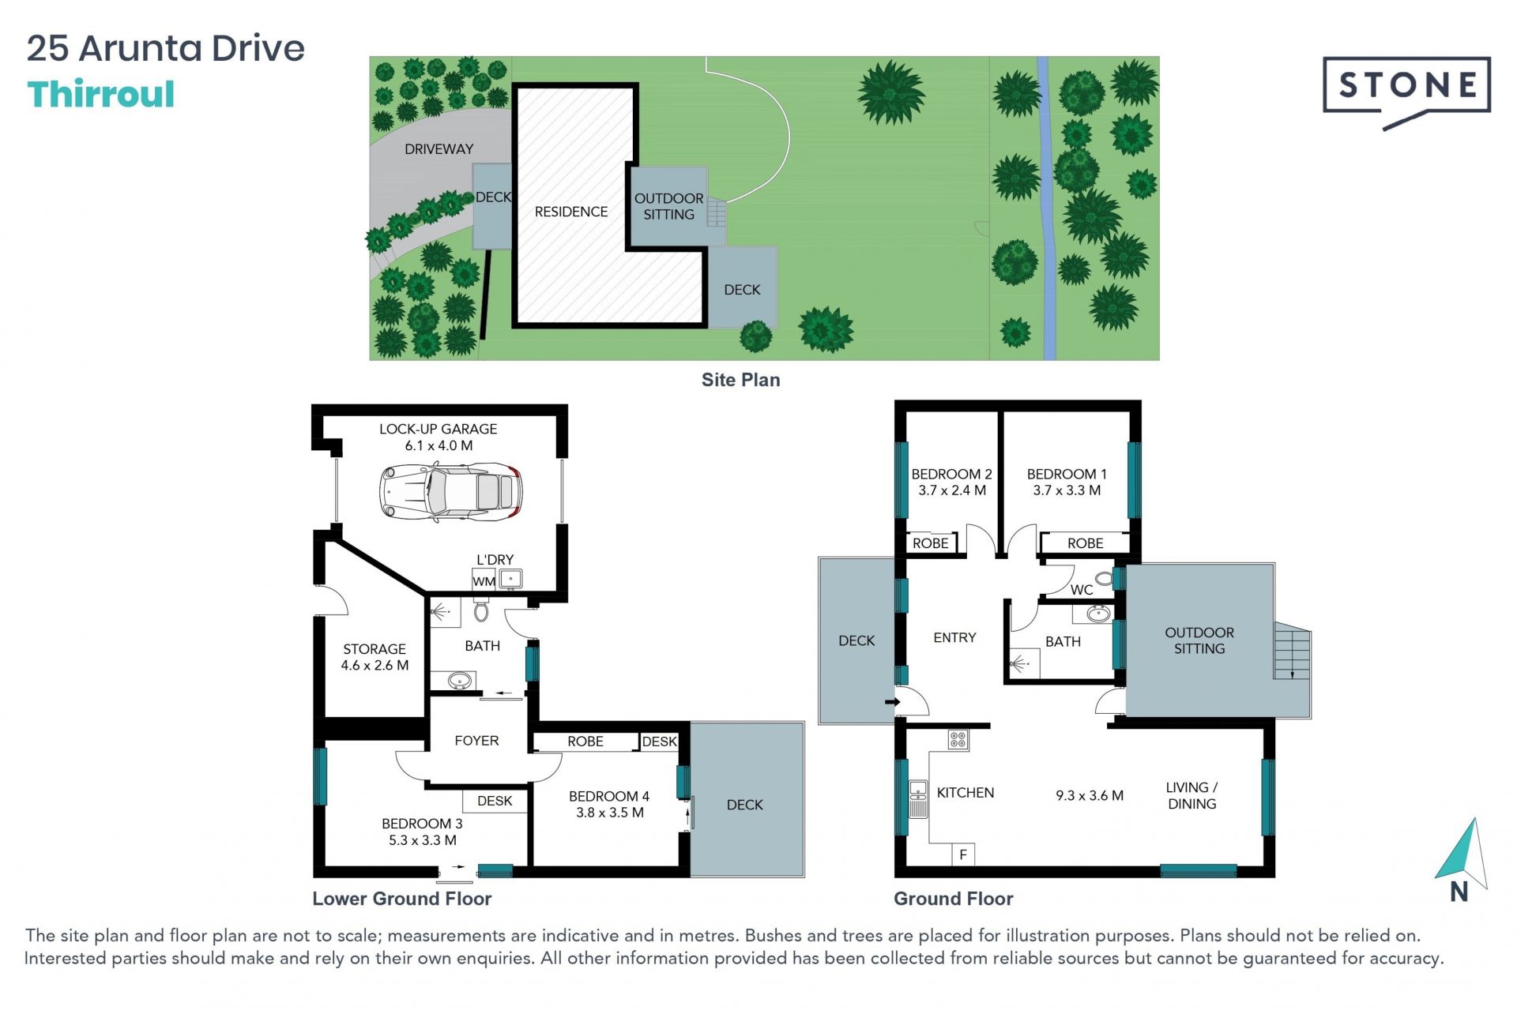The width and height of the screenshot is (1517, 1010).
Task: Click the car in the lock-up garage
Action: [x=451, y=491]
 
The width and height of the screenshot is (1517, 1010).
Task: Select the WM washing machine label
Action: [x=484, y=581]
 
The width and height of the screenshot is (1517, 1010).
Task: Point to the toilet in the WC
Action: [x=1104, y=579]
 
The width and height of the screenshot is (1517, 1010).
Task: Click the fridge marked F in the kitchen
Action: [x=963, y=854]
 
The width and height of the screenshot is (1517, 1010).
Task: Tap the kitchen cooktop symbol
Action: [x=958, y=740]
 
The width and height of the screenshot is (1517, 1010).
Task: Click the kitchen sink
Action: [x=918, y=798]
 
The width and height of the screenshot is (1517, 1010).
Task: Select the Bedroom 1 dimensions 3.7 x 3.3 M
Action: [x=1067, y=490]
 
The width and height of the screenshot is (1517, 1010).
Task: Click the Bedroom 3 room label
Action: [x=422, y=824]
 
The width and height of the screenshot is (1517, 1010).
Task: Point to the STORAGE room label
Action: [x=375, y=649]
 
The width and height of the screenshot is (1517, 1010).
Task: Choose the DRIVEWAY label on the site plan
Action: [x=439, y=149]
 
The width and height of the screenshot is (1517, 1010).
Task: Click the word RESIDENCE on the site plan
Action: [x=571, y=212]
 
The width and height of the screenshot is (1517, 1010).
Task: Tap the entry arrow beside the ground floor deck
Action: [x=894, y=701]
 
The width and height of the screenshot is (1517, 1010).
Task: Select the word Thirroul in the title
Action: [x=101, y=94]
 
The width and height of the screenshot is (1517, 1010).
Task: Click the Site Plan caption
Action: [x=740, y=380]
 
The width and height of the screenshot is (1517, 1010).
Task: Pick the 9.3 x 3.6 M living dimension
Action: [x=1090, y=795]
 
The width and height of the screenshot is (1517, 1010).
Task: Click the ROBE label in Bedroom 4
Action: [x=585, y=742]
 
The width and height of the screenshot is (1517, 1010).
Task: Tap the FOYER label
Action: [x=476, y=741]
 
